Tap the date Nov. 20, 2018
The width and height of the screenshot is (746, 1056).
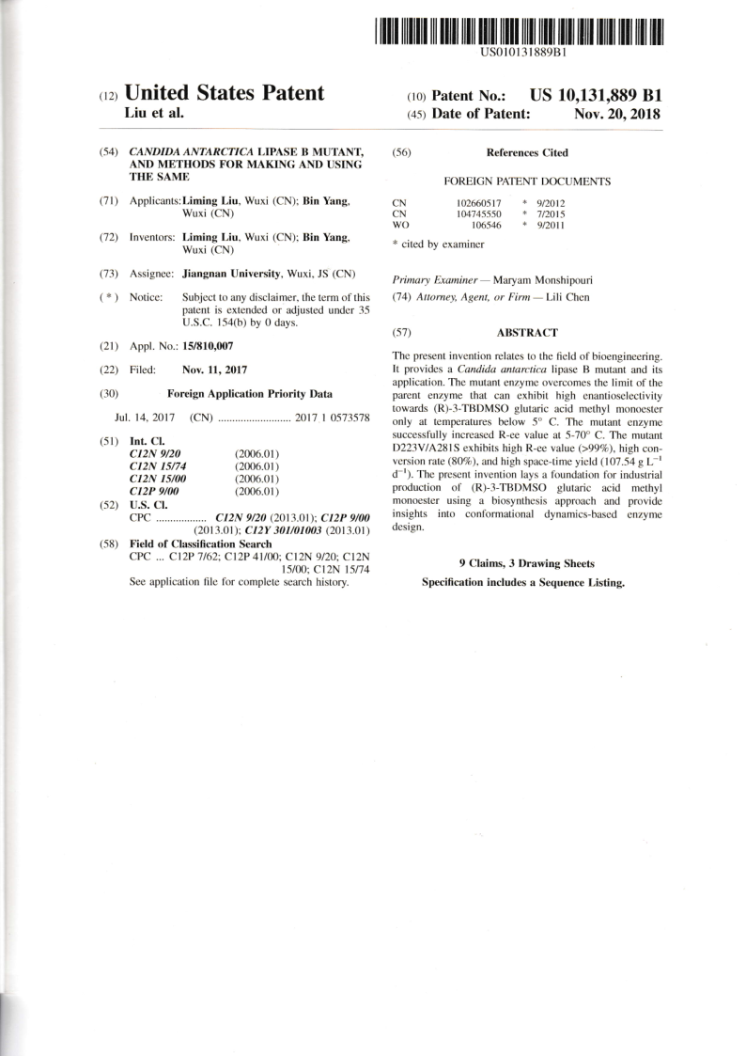616,114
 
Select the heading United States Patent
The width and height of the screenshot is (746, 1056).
225,93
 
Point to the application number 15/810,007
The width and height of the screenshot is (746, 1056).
208,346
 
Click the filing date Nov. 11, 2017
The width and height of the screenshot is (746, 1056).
215,370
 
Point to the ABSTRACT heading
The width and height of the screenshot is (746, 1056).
526,332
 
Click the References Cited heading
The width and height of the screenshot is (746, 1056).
526,152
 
